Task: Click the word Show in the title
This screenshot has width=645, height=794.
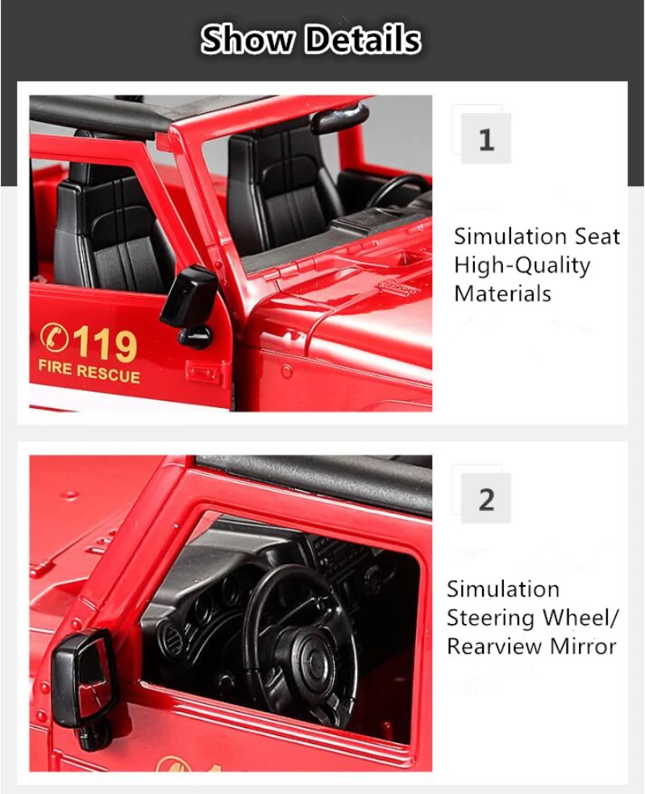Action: pos(248,39)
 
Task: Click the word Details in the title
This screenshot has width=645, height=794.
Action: pos(363,39)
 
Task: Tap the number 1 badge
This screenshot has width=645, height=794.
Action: pos(486,138)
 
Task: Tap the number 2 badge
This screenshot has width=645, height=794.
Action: pos(486,499)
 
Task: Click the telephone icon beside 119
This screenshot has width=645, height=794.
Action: pos(54,336)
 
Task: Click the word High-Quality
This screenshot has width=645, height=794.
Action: pos(522,265)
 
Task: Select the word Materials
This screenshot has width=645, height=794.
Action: pos(502,293)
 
